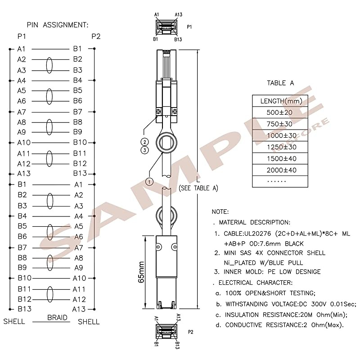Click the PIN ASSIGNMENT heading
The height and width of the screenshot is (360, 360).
point(58,25)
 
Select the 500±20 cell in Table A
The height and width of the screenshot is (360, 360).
point(279,112)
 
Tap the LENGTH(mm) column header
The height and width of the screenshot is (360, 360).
point(281,101)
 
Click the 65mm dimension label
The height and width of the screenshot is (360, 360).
point(141,272)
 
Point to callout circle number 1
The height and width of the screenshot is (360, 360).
point(149,182)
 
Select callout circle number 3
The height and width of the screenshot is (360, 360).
point(144,150)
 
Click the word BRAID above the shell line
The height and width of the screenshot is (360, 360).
point(58,318)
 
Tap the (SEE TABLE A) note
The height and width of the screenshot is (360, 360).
point(198,188)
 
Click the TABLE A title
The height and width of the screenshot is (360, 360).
point(280,83)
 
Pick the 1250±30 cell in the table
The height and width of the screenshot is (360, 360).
point(282,147)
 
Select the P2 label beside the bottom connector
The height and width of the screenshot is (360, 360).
point(190,332)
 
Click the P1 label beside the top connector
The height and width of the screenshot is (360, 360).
point(189,27)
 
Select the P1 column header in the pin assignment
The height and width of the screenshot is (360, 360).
point(22,36)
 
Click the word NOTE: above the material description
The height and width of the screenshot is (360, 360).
point(220,211)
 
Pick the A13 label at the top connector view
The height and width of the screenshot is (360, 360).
point(178,15)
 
